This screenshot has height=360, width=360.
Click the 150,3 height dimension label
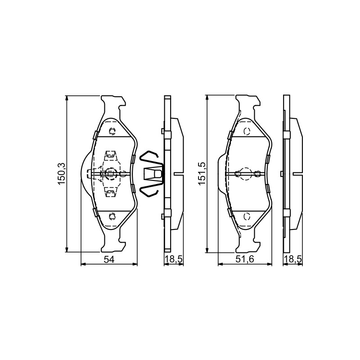coord(62,174)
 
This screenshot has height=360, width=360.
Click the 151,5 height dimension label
coord(202,174)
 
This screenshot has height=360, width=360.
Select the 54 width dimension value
coord(109,260)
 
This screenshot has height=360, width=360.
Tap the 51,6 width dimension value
coord(245,260)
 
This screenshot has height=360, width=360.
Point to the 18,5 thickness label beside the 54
coord(174,260)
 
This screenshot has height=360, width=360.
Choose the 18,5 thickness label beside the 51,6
coord(293,260)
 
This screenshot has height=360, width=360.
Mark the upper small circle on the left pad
coord(112,131)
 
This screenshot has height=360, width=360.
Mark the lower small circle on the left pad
coord(112,216)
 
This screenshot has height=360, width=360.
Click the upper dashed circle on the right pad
coord(247,131)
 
